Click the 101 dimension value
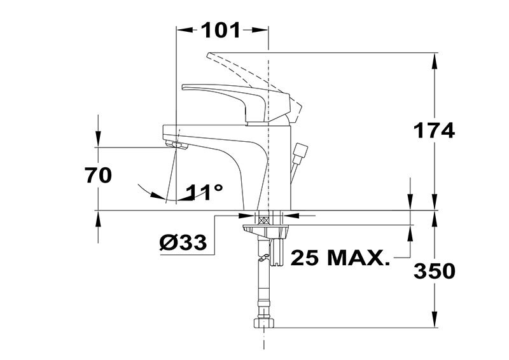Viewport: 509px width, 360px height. pyautogui.click(x=221, y=30)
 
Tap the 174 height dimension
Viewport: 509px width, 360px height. pyautogui.click(x=434, y=131)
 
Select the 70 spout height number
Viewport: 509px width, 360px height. pyautogui.click(x=98, y=176)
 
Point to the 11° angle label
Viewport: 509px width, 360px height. pyautogui.click(x=204, y=192)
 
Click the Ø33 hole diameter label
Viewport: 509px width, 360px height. pyautogui.click(x=183, y=242)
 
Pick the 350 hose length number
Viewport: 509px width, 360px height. pyautogui.click(x=435, y=271)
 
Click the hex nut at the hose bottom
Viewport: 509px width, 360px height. pyautogui.click(x=263, y=322)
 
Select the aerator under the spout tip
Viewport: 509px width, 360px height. pyautogui.click(x=177, y=145)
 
